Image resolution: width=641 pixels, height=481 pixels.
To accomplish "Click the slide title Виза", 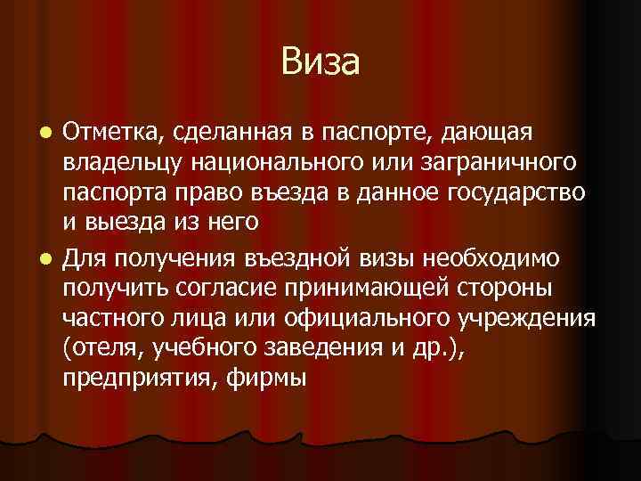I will [320, 62].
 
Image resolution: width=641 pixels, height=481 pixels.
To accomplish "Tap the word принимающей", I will [377, 289].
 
